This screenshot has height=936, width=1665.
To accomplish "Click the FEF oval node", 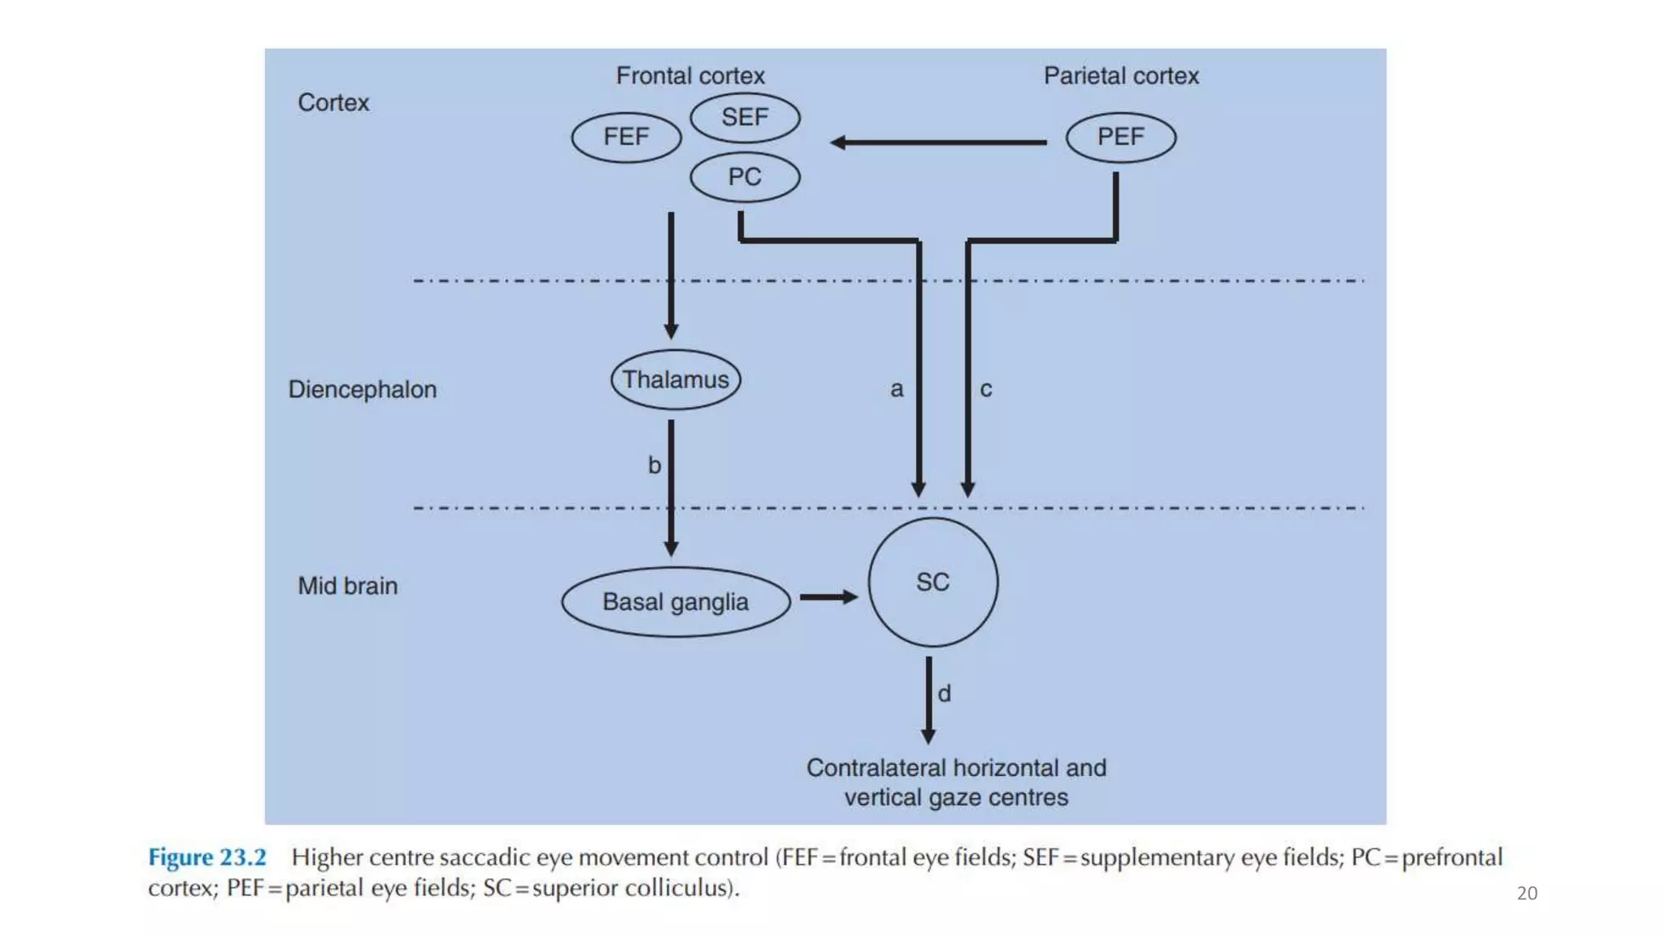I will [626, 137].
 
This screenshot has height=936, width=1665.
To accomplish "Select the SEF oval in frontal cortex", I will [745, 118].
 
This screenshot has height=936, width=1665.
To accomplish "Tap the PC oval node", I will [745, 177].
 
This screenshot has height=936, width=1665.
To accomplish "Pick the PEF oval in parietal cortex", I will [1120, 137].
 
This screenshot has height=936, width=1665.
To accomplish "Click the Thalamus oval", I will [676, 379].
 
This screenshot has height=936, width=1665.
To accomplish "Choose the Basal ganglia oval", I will [676, 602].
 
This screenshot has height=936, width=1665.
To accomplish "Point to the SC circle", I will [932, 582].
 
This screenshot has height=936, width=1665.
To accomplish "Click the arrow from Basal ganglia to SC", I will [828, 597].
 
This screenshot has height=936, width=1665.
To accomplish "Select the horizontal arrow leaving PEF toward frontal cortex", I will [939, 142].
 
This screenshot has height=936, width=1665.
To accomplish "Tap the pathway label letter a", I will [896, 389].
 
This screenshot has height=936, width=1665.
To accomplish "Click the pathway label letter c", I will [985, 389].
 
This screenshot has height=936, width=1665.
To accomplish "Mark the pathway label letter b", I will [654, 466].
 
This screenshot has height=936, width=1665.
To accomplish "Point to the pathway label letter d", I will [944, 693].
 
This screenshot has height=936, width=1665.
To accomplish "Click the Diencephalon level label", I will [363, 389].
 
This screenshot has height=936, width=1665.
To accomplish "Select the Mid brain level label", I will [348, 586].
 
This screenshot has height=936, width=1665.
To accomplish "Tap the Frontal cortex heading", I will [690, 76].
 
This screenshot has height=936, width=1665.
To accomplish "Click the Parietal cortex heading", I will [1121, 76].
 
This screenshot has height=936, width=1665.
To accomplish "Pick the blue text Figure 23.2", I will [207, 857].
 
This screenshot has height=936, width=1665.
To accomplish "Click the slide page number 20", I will [1527, 893].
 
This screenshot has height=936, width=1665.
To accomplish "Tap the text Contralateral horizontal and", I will [956, 768].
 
